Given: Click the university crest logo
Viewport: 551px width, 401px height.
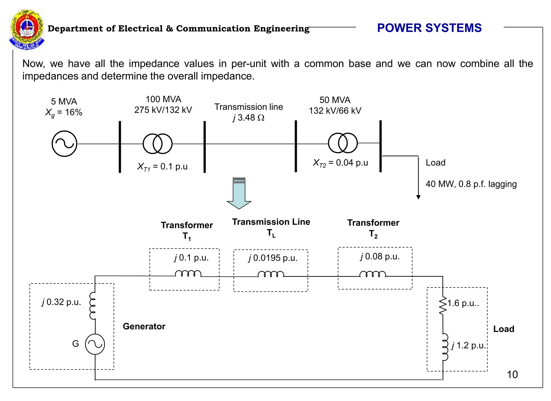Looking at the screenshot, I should [27, 30].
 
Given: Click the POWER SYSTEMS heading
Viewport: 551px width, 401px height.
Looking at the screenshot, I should [429, 28].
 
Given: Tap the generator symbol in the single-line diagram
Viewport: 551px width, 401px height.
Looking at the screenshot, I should [64, 144].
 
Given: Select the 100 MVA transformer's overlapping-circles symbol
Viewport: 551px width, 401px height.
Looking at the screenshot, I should [157, 144].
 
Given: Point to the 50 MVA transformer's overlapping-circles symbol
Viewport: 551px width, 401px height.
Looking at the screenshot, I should [343, 143].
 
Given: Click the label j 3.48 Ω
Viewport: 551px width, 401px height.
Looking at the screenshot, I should [249, 118].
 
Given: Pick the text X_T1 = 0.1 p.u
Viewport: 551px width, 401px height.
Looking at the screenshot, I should [162, 167].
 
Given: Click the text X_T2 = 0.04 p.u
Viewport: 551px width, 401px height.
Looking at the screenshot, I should [340, 163].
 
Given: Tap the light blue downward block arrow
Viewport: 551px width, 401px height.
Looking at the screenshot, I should [239, 194].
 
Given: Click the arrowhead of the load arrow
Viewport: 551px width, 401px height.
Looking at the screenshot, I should [418, 197].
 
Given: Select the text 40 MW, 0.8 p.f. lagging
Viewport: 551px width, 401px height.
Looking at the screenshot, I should [471, 184].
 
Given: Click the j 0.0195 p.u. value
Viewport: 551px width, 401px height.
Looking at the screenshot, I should [273, 258].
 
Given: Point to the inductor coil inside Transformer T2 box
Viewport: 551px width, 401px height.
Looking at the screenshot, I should [373, 274].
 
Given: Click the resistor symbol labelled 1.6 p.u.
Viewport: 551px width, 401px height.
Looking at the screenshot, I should [443, 306].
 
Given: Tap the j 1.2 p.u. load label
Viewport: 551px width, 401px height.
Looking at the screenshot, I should [468, 345].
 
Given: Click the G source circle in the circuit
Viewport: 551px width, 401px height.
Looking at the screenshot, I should [95, 344].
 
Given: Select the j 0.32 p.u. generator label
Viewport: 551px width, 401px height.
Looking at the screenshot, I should [61, 302].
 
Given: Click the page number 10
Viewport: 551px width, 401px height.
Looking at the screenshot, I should [512, 374].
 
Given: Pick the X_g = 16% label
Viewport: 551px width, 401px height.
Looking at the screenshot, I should [64, 112].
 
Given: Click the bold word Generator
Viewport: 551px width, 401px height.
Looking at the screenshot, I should [144, 326].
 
